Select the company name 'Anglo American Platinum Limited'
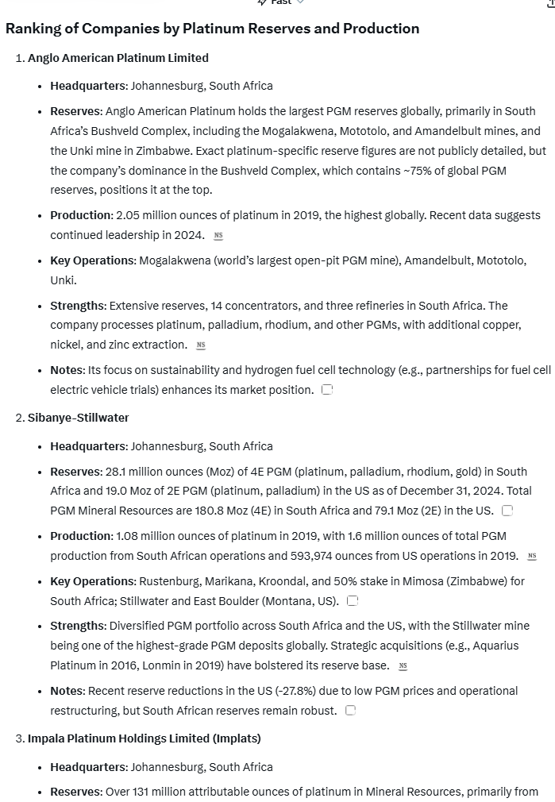tap(118, 58)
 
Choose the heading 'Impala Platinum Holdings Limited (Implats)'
tap(145, 738)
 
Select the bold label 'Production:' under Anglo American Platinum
tap(82, 215)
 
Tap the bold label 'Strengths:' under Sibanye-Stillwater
tap(79, 626)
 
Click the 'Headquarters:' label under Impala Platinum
tap(89, 767)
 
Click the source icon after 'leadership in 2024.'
tap(218, 236)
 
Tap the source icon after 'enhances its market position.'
tap(327, 390)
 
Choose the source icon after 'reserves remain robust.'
tap(350, 711)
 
